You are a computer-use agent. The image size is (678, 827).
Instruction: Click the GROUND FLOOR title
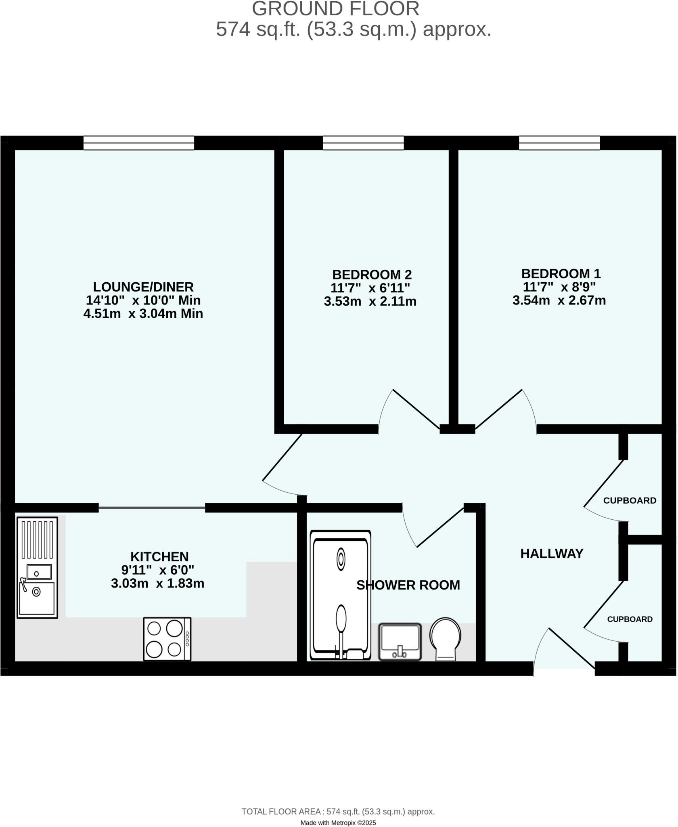[x=335, y=9]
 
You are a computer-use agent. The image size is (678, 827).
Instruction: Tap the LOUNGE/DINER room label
[x=143, y=287]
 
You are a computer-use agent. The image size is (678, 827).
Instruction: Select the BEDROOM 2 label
[x=372, y=275]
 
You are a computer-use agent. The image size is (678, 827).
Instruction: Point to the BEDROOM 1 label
[x=561, y=274]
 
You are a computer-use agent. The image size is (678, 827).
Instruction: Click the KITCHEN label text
[x=159, y=557]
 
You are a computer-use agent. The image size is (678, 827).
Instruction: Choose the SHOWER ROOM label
[x=408, y=585]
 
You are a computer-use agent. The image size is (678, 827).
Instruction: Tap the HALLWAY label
[x=552, y=554]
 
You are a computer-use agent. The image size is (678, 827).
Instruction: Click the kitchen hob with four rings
[x=167, y=639]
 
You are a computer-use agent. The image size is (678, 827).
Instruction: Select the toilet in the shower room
[x=445, y=639]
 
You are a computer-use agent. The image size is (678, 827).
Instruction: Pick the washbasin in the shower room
[x=400, y=642]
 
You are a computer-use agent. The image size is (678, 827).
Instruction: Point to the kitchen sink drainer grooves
[x=37, y=539]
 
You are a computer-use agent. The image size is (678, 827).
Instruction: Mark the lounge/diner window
[x=138, y=143]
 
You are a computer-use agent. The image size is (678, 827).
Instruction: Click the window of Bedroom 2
[x=363, y=143]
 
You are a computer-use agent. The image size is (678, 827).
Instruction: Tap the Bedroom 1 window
[x=559, y=143]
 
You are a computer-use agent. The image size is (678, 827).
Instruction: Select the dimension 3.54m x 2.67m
[x=559, y=301]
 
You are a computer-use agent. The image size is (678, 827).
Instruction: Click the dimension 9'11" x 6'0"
[x=157, y=570]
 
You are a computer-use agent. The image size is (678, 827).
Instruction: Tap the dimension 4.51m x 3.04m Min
[x=143, y=314]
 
